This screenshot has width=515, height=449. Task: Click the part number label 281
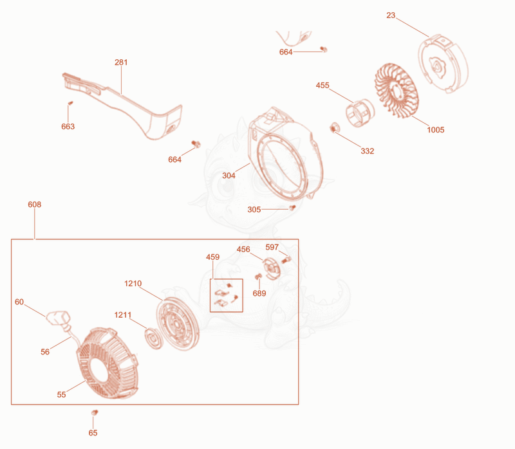click(x=121, y=62)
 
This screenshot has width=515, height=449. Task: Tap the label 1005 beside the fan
click(x=436, y=130)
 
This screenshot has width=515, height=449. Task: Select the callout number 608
click(x=35, y=205)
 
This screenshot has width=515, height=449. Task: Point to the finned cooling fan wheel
click(x=397, y=90)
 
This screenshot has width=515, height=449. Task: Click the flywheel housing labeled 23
click(x=443, y=63)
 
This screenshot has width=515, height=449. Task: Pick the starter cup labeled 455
click(x=360, y=113)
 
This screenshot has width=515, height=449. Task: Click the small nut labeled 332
click(x=334, y=127)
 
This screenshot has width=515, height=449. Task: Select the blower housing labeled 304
click(x=285, y=154)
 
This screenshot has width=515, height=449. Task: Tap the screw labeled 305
click(x=292, y=207)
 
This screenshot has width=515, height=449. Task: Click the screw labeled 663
click(x=70, y=103)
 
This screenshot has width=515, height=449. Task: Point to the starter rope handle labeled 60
click(x=59, y=317)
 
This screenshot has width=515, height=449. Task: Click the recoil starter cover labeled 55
click(x=108, y=363)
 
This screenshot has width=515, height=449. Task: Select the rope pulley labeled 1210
click(x=178, y=324)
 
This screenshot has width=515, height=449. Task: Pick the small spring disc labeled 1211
click(x=153, y=338)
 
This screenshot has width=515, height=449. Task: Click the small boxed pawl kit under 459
click(x=227, y=295)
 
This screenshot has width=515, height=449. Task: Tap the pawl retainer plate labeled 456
click(x=272, y=268)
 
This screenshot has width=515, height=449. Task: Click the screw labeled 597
click(x=286, y=261)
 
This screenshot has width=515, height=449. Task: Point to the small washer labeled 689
click(x=259, y=277)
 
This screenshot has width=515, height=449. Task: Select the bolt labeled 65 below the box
click(x=95, y=412)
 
